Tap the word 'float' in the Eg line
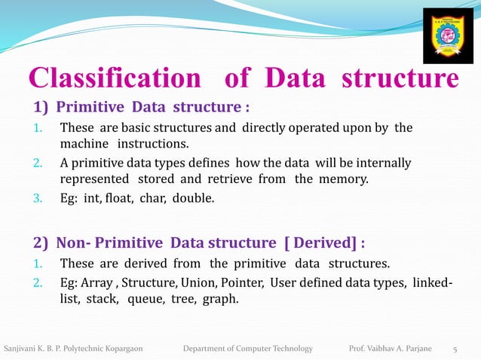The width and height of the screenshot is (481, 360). point(124,199)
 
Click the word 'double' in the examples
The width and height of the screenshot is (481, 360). point(193,199)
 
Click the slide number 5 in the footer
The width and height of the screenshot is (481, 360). point(455,349)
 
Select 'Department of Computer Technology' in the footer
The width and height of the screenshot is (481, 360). point(248,349)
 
